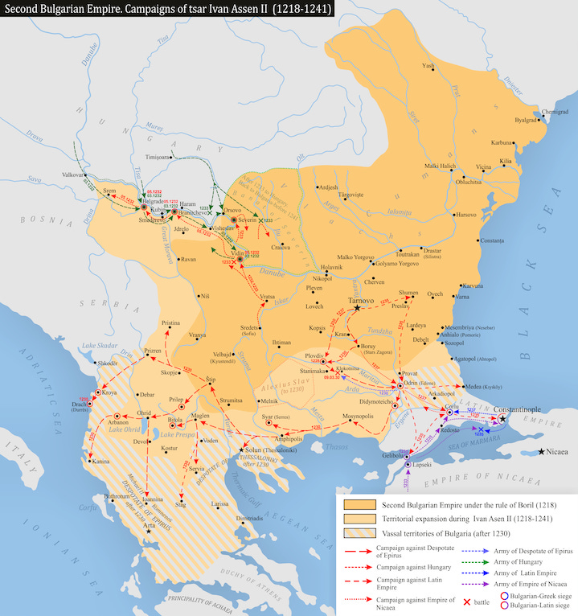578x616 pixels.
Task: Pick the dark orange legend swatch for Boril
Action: [358, 503]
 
